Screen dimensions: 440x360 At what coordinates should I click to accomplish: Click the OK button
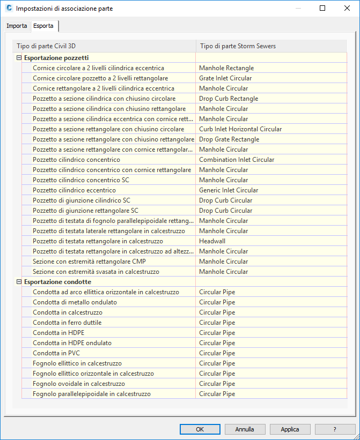[x=200, y=429]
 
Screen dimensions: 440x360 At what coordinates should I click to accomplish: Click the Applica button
[x=290, y=429]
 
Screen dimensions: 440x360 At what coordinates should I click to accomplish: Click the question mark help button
[x=335, y=429]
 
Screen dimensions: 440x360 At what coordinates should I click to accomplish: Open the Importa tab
[x=17, y=26]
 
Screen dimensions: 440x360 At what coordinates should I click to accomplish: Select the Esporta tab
[x=43, y=26]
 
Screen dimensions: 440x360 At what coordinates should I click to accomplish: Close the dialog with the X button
[x=347, y=9]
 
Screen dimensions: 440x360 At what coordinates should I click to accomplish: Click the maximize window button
[x=322, y=9]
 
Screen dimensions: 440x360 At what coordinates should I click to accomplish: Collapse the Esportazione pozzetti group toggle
[x=19, y=58]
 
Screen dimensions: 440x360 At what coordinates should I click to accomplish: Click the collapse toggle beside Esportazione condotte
[x=19, y=282]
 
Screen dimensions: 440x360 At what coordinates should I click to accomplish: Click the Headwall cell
[x=211, y=241]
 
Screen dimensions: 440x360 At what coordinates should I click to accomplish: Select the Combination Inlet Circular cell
[x=236, y=160]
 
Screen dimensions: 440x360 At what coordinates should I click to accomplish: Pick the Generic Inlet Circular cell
[x=228, y=190]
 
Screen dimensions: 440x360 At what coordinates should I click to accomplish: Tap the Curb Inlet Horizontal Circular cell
[x=240, y=129]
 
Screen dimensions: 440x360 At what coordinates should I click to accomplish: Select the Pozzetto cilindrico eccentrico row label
[x=74, y=190]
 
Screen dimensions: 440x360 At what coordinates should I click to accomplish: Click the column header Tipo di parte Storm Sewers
[x=237, y=46]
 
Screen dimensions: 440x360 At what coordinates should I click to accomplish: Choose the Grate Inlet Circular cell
[x=225, y=78]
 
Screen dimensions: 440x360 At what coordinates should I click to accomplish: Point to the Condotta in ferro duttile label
[x=67, y=323]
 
